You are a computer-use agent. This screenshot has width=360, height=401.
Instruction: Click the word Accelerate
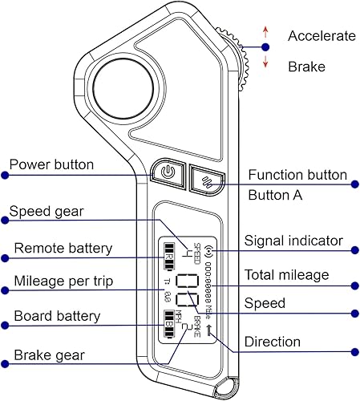[321, 36]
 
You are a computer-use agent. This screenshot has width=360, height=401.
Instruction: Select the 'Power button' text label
[51, 165]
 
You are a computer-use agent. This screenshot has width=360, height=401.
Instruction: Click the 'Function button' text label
[297, 175]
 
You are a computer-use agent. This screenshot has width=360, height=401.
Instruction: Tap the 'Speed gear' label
[47, 212]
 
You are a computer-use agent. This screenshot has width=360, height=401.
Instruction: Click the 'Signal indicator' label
[293, 241]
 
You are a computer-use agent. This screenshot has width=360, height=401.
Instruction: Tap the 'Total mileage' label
[286, 275]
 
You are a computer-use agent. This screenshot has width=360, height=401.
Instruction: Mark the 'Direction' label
[273, 342]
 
